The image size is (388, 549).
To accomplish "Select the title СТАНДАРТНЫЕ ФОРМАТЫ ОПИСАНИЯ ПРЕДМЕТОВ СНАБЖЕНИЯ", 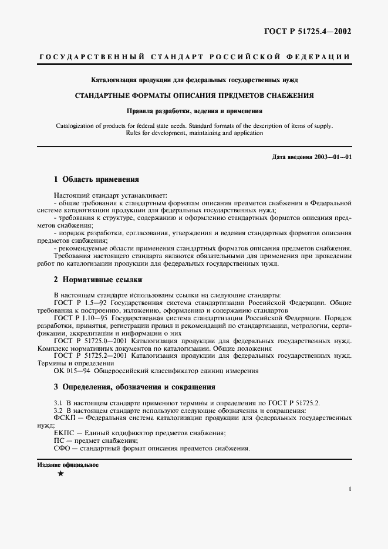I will coord(194,95).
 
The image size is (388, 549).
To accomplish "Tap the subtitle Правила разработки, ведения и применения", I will coord(194,110).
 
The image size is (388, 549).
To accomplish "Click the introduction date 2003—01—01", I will coord(333,157).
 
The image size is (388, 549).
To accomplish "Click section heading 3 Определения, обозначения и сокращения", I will coord(126,387).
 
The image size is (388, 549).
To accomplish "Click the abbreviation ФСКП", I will coord(63,418).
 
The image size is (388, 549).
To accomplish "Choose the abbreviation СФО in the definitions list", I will coord(62,448).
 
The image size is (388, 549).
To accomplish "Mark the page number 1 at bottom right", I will coord(349,488).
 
